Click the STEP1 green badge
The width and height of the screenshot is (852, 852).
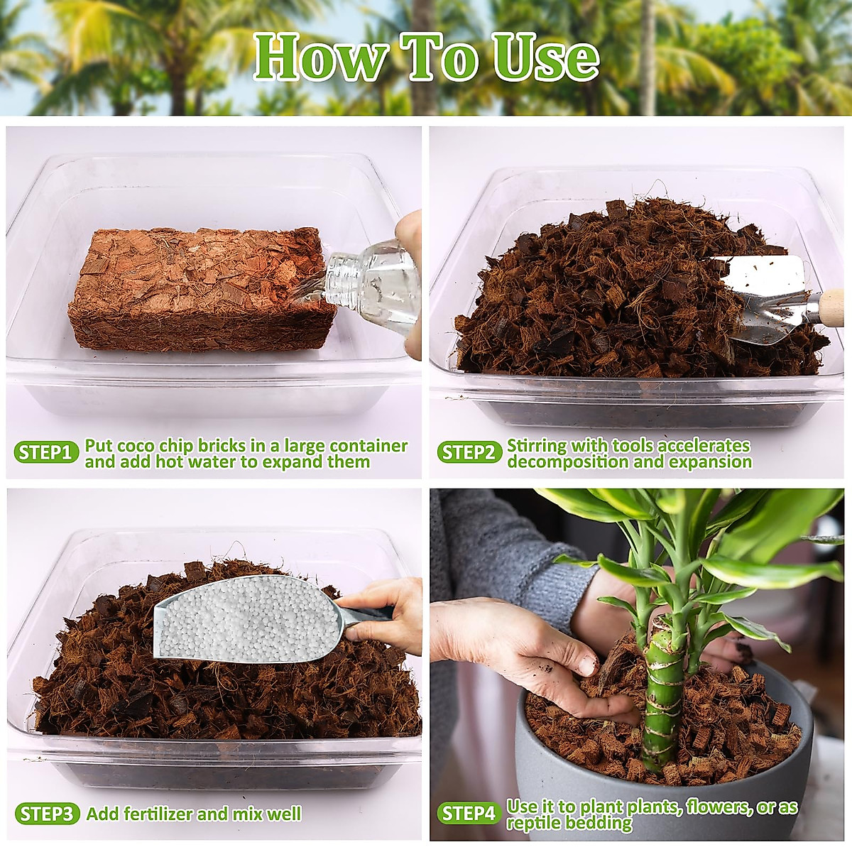(45, 453)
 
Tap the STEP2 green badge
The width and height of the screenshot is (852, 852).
(469, 453)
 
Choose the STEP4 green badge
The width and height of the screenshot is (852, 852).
(468, 814)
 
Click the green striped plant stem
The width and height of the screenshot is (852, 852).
(664, 696)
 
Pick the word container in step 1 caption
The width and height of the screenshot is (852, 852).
(368, 446)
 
